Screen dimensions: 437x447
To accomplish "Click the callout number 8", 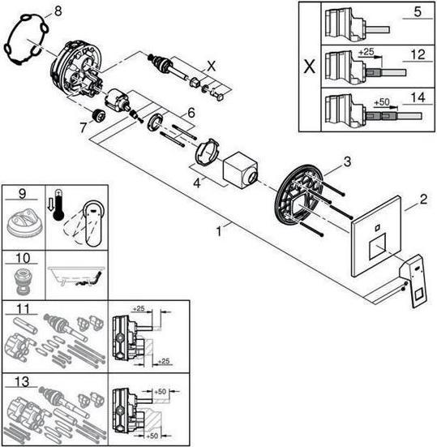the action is tap(58, 12).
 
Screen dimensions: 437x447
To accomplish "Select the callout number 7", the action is tap(83, 127).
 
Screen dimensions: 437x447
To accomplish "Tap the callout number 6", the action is tap(191, 113).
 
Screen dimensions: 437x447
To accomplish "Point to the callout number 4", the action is tap(197, 183).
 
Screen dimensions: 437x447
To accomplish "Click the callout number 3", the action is tap(347, 162).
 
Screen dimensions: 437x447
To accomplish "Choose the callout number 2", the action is tap(423, 200).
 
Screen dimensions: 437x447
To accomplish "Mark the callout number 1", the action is tap(219, 231).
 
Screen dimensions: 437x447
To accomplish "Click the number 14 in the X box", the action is tap(418, 97).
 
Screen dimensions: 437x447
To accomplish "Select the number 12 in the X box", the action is tap(418, 54).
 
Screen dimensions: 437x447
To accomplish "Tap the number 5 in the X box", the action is tap(418, 11).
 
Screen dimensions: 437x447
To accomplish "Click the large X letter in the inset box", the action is tap(310, 67).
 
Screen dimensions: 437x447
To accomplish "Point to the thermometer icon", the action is tap(59, 204).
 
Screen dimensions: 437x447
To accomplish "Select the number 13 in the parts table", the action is tap(22, 381).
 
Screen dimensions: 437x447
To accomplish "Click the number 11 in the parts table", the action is tap(23, 309).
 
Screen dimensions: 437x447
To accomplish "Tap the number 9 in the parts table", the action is tap(22, 194).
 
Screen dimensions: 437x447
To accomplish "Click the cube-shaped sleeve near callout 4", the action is tap(241, 170).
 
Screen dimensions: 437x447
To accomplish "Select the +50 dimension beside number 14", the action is tap(381, 101).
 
